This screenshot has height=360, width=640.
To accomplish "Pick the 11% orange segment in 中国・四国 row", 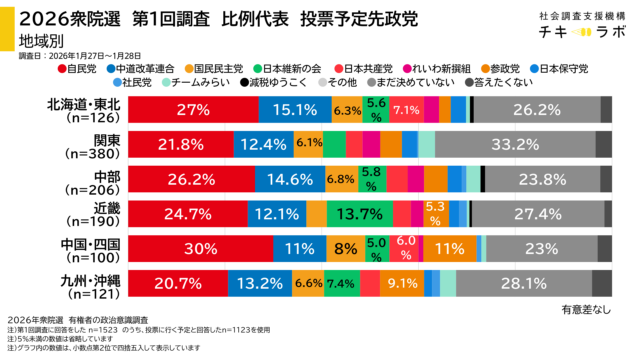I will pyautogui.click(x=449, y=247).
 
